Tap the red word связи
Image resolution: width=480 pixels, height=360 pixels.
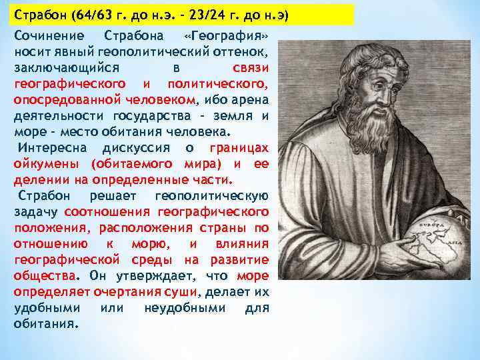point(251,68)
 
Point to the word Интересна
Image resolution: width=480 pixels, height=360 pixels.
point(51,147)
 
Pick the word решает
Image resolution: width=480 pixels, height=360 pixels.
point(113,195)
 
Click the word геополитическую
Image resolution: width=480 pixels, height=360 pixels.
point(211,195)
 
